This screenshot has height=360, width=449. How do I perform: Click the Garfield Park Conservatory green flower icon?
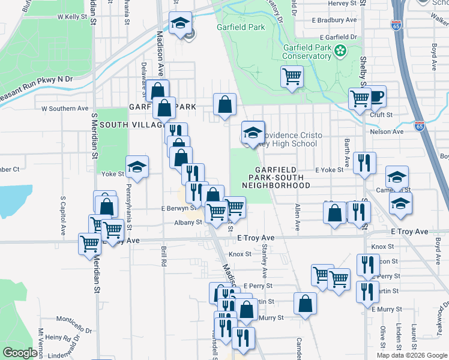(340, 50)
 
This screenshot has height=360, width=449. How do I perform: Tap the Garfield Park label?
(241, 28)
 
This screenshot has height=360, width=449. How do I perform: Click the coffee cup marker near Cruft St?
(376, 96)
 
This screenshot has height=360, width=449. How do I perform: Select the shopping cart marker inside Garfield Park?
(292, 77)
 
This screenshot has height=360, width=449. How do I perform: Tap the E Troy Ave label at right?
(409, 232)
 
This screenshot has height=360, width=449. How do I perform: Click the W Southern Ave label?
(65, 109)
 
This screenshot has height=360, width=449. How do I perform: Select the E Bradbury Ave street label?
(334, 20)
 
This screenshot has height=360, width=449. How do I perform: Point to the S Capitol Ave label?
(62, 215)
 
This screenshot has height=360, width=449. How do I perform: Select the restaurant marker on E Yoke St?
(364, 163)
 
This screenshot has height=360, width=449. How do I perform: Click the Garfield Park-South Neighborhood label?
(276, 178)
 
